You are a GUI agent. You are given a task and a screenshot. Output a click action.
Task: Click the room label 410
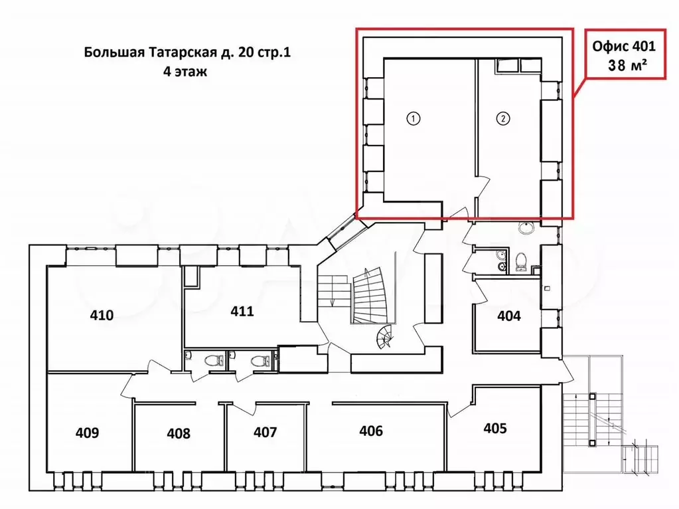tap(102, 315)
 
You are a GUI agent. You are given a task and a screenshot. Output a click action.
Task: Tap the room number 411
tap(242, 311)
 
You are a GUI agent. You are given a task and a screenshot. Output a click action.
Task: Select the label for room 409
tap(87, 433)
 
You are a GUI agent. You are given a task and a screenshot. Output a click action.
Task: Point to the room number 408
tap(179, 433)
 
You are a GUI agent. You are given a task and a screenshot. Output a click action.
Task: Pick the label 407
tap(265, 432)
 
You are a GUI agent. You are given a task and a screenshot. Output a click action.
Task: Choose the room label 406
tap(371, 431)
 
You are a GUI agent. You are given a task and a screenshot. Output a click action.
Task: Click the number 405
tap(495, 429)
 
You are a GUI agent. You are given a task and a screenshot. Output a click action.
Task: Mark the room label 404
tap(509, 316)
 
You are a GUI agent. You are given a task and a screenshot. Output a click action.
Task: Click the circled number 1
tap(414, 118)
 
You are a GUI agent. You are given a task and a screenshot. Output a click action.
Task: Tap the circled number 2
tap(502, 118)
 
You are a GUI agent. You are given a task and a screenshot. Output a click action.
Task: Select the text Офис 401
tap(624, 46)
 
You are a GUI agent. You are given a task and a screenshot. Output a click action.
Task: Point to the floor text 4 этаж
tap(185, 72)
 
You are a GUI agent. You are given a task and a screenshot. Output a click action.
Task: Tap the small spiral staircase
tap(385, 338)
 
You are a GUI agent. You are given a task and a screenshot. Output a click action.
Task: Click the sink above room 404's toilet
tap(527, 227)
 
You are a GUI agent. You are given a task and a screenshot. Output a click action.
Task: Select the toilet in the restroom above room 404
tap(522, 262)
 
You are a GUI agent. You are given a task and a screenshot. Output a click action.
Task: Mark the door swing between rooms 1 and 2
tap(484, 187)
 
